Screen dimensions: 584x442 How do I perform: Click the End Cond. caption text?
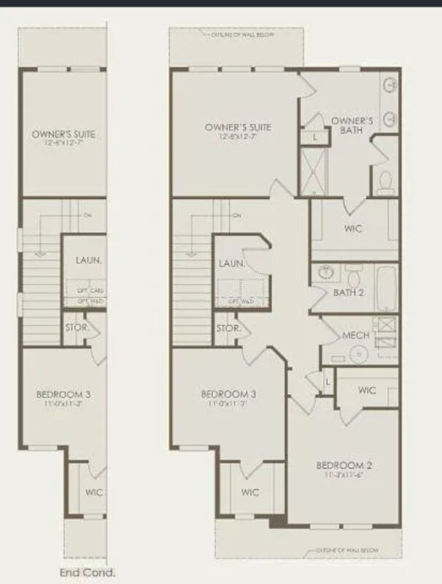click(87, 573)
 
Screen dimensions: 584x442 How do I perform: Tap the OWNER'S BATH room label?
click(352, 125)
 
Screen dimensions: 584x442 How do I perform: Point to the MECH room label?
click(355, 336)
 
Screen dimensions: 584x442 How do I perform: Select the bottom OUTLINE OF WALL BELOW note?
click(348, 550)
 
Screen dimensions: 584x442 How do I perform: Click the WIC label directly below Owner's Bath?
click(353, 228)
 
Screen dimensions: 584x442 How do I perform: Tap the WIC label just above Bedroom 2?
click(367, 391)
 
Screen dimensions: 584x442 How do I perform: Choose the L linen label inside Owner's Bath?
click(314, 137)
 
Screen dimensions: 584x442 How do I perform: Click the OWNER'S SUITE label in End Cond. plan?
click(64, 134)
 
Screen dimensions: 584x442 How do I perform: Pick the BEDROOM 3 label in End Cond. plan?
click(63, 395)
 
